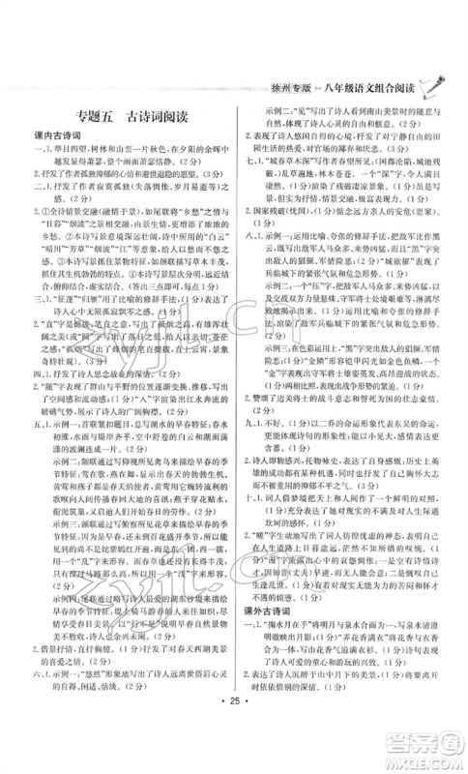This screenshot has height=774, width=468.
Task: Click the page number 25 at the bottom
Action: (x=233, y=747)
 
